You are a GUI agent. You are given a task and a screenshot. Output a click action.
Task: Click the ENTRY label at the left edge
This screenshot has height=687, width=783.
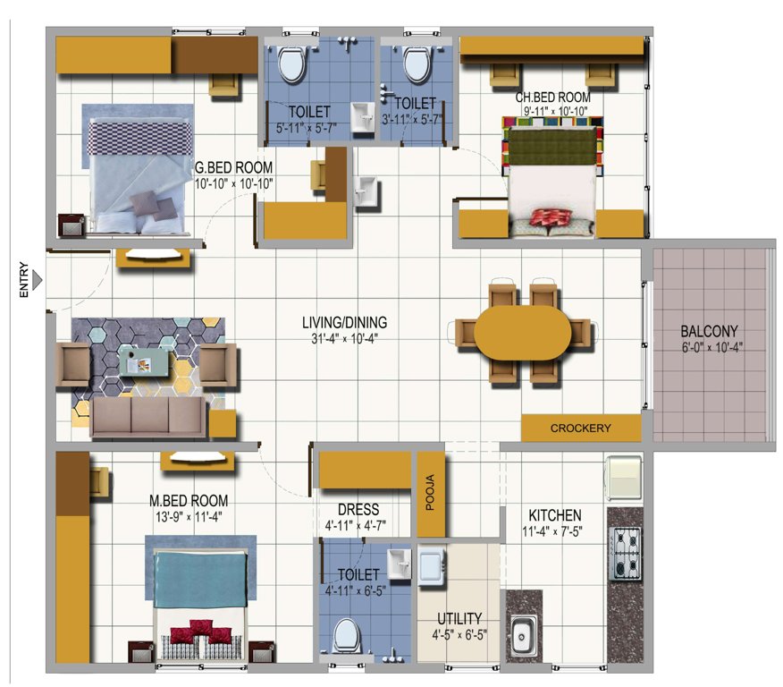25,281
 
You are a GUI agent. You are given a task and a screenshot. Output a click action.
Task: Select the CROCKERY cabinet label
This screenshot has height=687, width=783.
581,428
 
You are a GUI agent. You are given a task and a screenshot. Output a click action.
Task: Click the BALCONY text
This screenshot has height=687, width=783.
708,333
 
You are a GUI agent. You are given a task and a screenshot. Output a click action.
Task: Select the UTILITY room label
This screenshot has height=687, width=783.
459,618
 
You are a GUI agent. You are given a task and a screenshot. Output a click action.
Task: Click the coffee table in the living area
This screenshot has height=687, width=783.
146,361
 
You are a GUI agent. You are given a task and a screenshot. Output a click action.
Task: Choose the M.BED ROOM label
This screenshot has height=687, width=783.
189,500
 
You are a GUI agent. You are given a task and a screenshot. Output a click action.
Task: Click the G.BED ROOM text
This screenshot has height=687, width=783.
234,167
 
